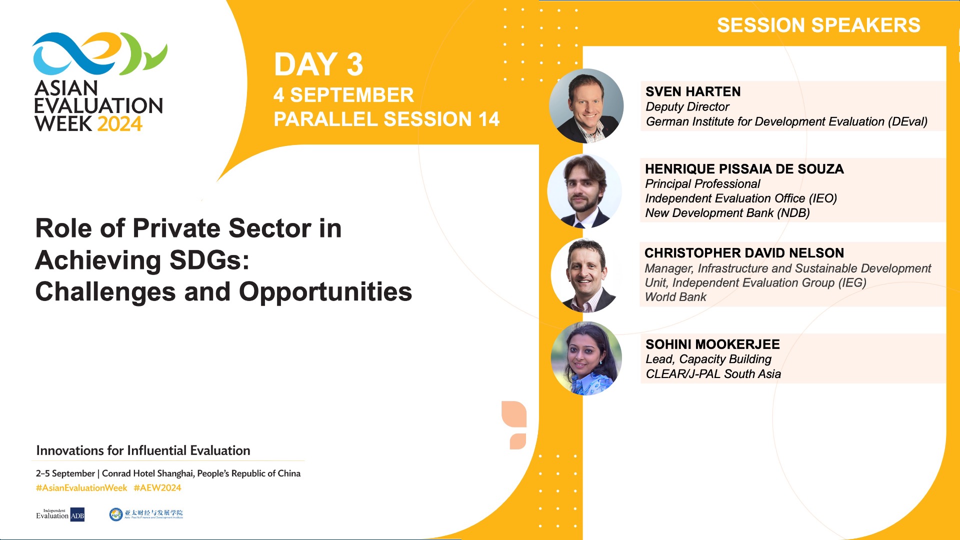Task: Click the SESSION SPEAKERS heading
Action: coord(818,25)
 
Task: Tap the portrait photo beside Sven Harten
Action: coord(586,106)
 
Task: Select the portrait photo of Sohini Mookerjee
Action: coord(586,358)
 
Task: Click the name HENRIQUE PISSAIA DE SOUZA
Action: coord(744,169)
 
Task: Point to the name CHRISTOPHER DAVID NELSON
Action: coord(744,253)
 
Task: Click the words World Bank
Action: coord(675,297)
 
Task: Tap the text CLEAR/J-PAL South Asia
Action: coord(713,374)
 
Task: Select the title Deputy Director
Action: coord(687,106)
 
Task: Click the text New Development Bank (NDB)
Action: coord(727,213)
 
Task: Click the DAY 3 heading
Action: coord(318,64)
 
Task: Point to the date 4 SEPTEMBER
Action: coord(343,95)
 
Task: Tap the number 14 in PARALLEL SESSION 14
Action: coord(488,119)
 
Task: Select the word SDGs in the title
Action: coord(209,260)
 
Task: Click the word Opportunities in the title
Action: coord(325,292)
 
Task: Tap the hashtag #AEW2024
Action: coord(157,488)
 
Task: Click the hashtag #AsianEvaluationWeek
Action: coord(81,488)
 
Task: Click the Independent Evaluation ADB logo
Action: coord(60,514)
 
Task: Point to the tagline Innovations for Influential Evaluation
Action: coord(143,450)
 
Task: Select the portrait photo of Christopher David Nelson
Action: coord(586,275)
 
